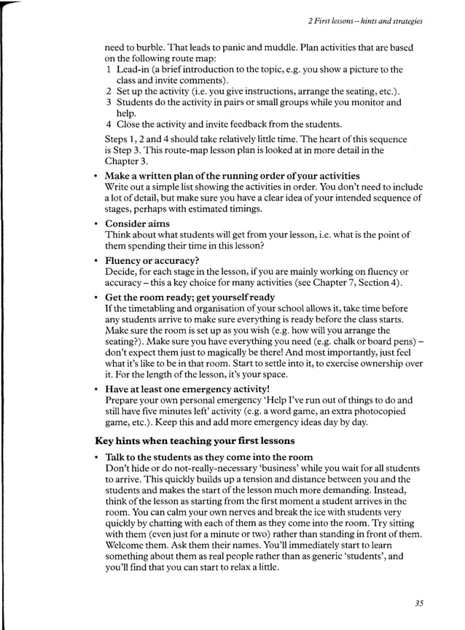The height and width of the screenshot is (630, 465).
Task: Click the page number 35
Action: [418, 603]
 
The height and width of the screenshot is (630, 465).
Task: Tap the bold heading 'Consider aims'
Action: [137, 223]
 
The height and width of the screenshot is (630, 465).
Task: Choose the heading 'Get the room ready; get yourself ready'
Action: [189, 297]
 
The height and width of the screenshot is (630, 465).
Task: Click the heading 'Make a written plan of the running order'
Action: [232, 176]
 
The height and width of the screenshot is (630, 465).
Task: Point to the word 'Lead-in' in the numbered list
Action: [133, 69]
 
